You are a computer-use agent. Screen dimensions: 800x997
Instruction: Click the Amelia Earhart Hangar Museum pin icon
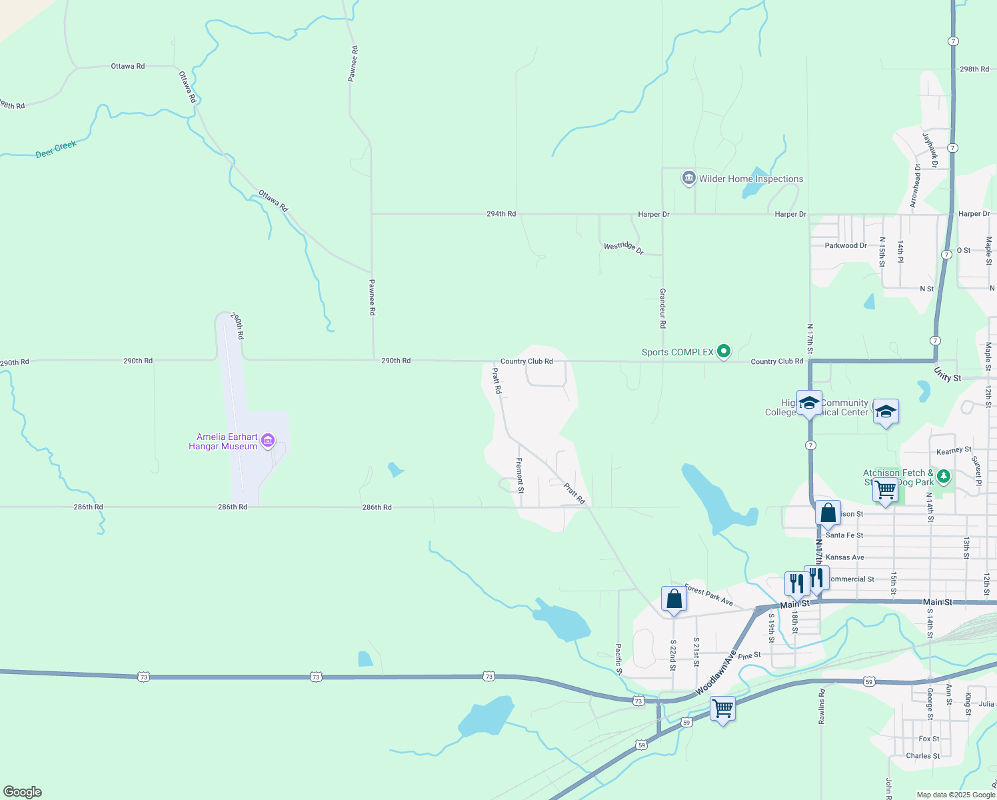click(268, 440)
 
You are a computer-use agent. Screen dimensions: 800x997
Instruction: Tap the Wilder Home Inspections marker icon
click(688, 178)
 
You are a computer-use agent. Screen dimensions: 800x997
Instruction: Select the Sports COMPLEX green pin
click(724, 351)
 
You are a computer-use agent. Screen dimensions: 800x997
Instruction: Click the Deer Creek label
click(56, 149)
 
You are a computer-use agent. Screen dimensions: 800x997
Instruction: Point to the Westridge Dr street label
click(623, 247)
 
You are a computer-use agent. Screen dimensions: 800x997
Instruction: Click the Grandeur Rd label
click(662, 308)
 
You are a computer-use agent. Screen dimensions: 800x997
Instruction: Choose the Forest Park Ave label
click(708, 595)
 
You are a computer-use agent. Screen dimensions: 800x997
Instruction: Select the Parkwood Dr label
click(845, 245)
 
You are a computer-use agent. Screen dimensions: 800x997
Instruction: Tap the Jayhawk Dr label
click(930, 150)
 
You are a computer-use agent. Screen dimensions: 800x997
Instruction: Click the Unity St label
click(947, 375)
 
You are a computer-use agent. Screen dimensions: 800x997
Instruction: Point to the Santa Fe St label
click(844, 535)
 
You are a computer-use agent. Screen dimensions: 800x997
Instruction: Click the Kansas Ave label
click(844, 557)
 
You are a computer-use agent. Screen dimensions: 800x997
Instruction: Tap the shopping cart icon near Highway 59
click(722, 708)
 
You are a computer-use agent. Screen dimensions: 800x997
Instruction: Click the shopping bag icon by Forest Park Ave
click(674, 599)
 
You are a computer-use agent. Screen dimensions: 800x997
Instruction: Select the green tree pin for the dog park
click(943, 476)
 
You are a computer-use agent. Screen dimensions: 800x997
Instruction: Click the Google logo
click(23, 792)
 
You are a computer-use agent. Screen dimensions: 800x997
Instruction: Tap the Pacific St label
click(618, 659)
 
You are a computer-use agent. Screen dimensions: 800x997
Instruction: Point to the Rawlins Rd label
click(822, 707)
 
